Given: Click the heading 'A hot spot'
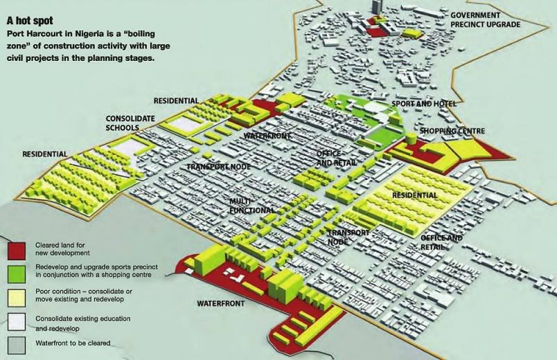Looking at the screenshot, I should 30,21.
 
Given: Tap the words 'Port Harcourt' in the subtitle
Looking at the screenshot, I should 33,34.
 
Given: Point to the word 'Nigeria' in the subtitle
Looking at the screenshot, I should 88,34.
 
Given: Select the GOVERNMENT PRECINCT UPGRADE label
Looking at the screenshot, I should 485,19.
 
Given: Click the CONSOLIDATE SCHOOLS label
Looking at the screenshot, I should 130,123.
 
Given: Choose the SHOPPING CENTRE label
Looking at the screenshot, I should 452,131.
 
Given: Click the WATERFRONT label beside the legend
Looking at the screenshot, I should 221,303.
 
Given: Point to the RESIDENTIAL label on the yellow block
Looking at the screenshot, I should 414,195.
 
